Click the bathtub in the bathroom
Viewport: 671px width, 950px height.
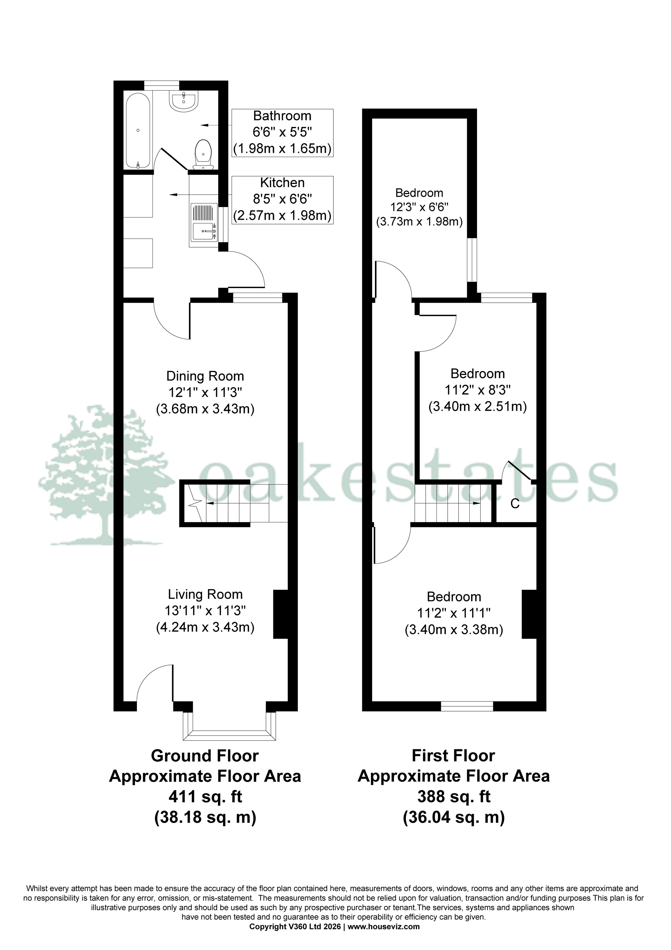click(x=138, y=131)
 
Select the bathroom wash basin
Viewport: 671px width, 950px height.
click(x=184, y=101)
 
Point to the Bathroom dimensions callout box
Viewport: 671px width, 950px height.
click(x=282, y=133)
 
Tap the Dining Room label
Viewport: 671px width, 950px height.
click(x=205, y=376)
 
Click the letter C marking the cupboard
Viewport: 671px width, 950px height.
click(x=515, y=504)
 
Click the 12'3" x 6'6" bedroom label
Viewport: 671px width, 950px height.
click(x=419, y=207)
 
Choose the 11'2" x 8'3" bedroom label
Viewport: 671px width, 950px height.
click(x=477, y=390)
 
